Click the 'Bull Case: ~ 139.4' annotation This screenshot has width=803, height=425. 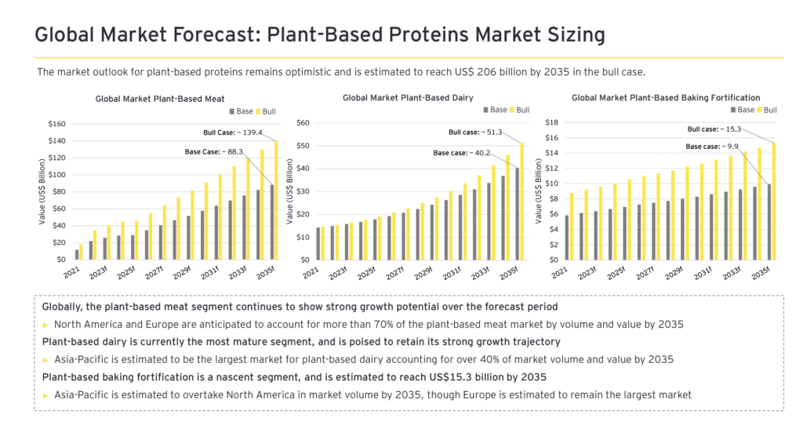pyautogui.click(x=233, y=133)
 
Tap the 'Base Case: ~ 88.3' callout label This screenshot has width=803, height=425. pyautogui.click(x=214, y=151)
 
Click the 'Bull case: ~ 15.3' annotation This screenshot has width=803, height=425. pyautogui.click(x=714, y=129)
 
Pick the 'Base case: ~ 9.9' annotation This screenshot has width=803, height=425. pyautogui.click(x=712, y=147)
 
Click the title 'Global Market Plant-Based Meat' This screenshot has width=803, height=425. pyautogui.click(x=160, y=99)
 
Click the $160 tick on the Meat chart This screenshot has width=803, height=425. pyautogui.click(x=56, y=125)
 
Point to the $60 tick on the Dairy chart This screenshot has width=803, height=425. pyautogui.click(x=303, y=123)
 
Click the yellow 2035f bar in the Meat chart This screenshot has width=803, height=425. pyautogui.click(x=276, y=200)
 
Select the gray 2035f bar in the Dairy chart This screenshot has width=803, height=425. pyautogui.click(x=518, y=213)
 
